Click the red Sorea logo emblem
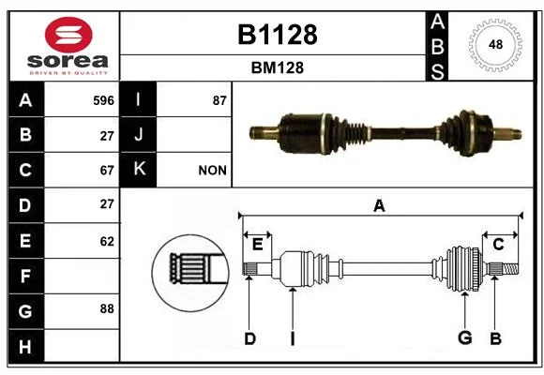(68, 35)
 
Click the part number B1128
(278, 35)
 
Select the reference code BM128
(278, 67)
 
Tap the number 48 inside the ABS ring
(495, 44)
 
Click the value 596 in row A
(103, 100)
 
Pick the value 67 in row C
(107, 171)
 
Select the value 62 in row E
(107, 241)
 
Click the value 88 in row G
(107, 308)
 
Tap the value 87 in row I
(219, 100)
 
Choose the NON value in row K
(212, 171)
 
